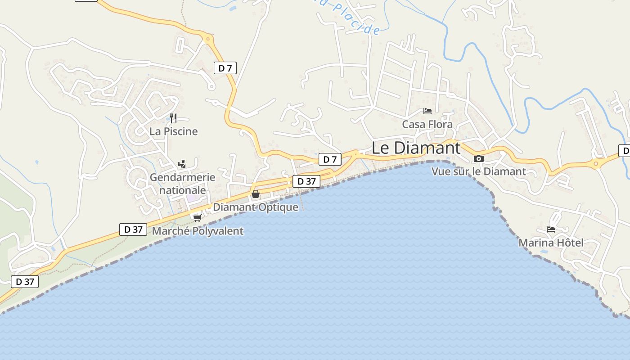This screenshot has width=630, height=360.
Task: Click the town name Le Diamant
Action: coord(416,148)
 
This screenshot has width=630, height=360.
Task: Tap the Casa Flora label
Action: coord(427,124)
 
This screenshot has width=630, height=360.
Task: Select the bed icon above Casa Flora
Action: coord(427,111)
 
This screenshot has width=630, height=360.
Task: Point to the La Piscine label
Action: coord(174,131)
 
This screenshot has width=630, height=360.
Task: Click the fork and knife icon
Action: coord(173,118)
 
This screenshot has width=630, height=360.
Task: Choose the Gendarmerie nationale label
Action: coord(182,184)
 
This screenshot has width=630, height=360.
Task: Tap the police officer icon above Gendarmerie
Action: coord(182,164)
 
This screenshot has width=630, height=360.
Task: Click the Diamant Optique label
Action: coord(256,207)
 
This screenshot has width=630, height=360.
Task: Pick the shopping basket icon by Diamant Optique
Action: coord(256,194)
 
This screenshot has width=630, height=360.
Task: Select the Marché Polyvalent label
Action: coord(198,231)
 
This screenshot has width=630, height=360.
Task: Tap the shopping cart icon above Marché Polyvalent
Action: coord(197,218)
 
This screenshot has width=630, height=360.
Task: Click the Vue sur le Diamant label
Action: coord(478,171)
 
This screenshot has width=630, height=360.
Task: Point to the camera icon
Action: coord(479,158)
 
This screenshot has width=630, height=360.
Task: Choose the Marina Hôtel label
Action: coord(551,243)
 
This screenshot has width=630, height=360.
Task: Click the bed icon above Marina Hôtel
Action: coord(551,229)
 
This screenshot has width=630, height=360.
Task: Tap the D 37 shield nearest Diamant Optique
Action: coord(306,181)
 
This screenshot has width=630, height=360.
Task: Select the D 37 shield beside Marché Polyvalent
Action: coord(133,229)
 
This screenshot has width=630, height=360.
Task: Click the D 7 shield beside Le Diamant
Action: coord(330,159)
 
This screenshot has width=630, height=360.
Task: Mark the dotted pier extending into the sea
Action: coord(302,200)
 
